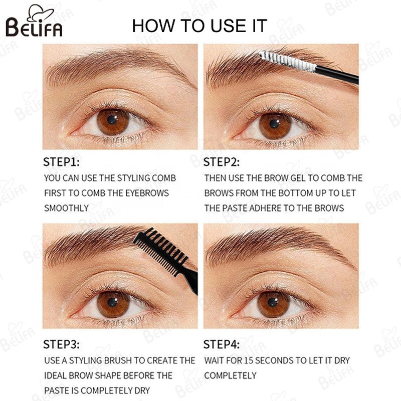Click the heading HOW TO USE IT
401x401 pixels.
(x=199, y=26)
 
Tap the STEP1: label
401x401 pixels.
(x=61, y=162)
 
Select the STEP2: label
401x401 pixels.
(x=222, y=162)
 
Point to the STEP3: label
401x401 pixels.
(x=61, y=344)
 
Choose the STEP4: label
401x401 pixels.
(x=222, y=344)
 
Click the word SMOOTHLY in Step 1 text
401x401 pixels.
(x=66, y=208)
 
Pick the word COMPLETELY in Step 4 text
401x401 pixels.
(x=230, y=375)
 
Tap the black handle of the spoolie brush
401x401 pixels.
(x=338, y=75)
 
